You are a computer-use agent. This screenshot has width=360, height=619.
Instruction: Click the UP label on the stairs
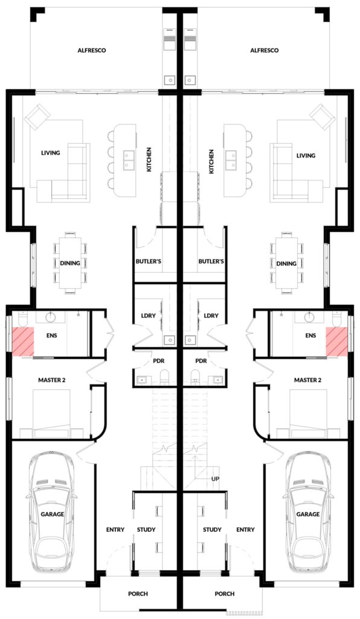click(x=215, y=479)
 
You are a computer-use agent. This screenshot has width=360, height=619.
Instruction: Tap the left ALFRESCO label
click(x=92, y=51)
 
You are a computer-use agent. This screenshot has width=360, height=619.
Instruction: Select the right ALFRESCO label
click(x=265, y=51)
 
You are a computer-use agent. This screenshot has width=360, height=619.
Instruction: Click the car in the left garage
click(x=52, y=513)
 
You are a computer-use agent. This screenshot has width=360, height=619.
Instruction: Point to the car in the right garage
click(x=308, y=513)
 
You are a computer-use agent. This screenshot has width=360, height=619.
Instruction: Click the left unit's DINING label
click(x=70, y=263)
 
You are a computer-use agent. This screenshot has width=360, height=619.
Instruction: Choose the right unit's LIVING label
click(x=306, y=155)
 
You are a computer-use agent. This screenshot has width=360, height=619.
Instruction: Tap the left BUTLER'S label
click(x=148, y=261)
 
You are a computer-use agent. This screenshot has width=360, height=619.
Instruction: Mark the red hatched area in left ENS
click(x=22, y=342)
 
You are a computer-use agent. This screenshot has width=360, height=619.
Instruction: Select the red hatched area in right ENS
click(x=336, y=342)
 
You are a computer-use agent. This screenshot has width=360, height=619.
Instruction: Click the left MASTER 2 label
click(x=52, y=380)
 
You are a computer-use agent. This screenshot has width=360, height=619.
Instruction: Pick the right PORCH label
click(x=224, y=594)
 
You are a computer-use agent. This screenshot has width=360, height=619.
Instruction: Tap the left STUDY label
click(x=146, y=530)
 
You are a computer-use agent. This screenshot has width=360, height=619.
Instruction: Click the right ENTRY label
click(x=245, y=530)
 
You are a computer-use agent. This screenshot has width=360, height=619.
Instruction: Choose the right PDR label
click(x=201, y=361)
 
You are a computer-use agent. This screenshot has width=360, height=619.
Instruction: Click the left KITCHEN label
click(x=149, y=160)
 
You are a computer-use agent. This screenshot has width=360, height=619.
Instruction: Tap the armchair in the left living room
click(x=37, y=117)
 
